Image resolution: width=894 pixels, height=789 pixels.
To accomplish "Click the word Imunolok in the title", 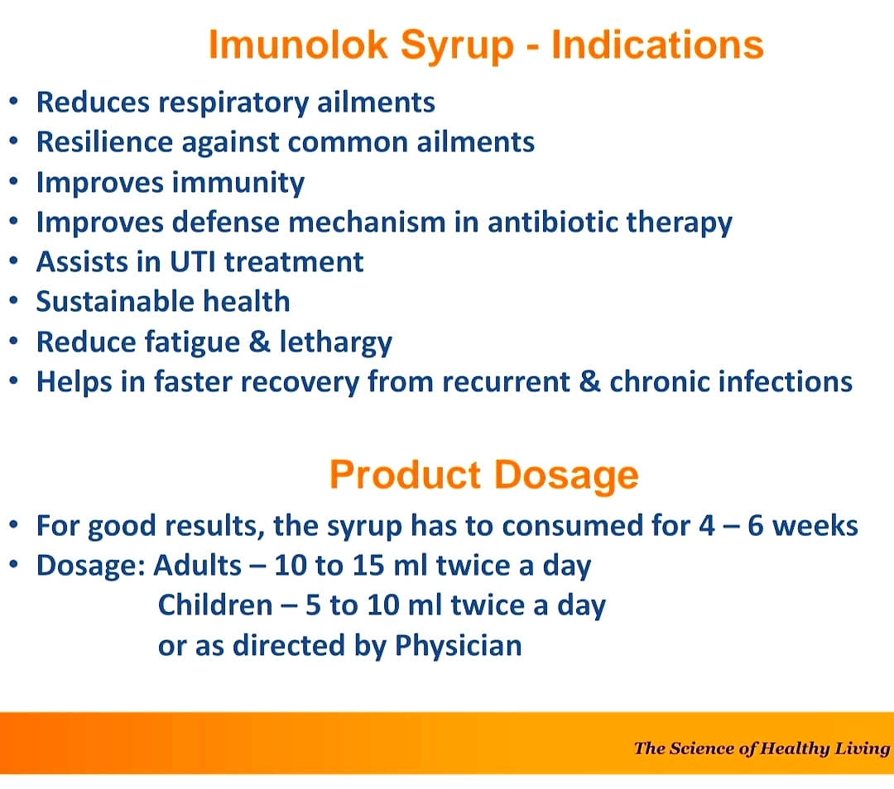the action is [x=298, y=45].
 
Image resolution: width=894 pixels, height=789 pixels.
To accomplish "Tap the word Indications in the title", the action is [x=657, y=45].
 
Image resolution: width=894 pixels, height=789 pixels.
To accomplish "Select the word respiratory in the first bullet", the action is [x=233, y=103].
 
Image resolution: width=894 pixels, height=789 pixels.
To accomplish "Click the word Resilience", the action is [x=104, y=141].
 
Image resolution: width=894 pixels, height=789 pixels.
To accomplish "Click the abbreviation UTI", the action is [x=193, y=262].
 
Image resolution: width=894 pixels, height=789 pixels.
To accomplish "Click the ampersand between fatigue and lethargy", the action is [x=259, y=342].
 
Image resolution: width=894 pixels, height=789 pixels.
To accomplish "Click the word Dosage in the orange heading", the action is [x=566, y=476].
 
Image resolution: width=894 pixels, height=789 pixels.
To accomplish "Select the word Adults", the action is [x=197, y=565].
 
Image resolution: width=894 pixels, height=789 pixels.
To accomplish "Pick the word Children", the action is [x=215, y=605].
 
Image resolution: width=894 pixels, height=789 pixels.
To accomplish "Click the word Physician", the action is [x=458, y=646].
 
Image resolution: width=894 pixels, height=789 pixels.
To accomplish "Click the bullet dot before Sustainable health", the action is [x=14, y=301].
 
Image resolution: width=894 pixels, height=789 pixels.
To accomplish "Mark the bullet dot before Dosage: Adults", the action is [x=14, y=565].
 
